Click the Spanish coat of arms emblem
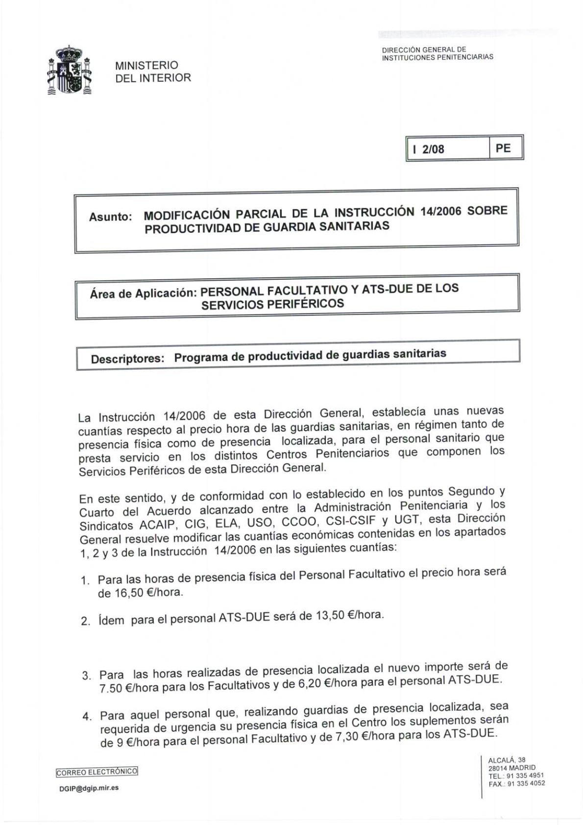coord(70,71)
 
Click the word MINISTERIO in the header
coord(146,65)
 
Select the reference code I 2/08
coord(429,149)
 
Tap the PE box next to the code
coord(503,148)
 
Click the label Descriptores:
coord(127,359)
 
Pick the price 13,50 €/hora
coord(349,615)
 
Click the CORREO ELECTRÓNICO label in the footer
coord(97,772)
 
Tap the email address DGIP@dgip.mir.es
coord(89,788)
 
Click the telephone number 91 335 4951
coord(525,776)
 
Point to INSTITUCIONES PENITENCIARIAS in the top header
coord(437,57)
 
